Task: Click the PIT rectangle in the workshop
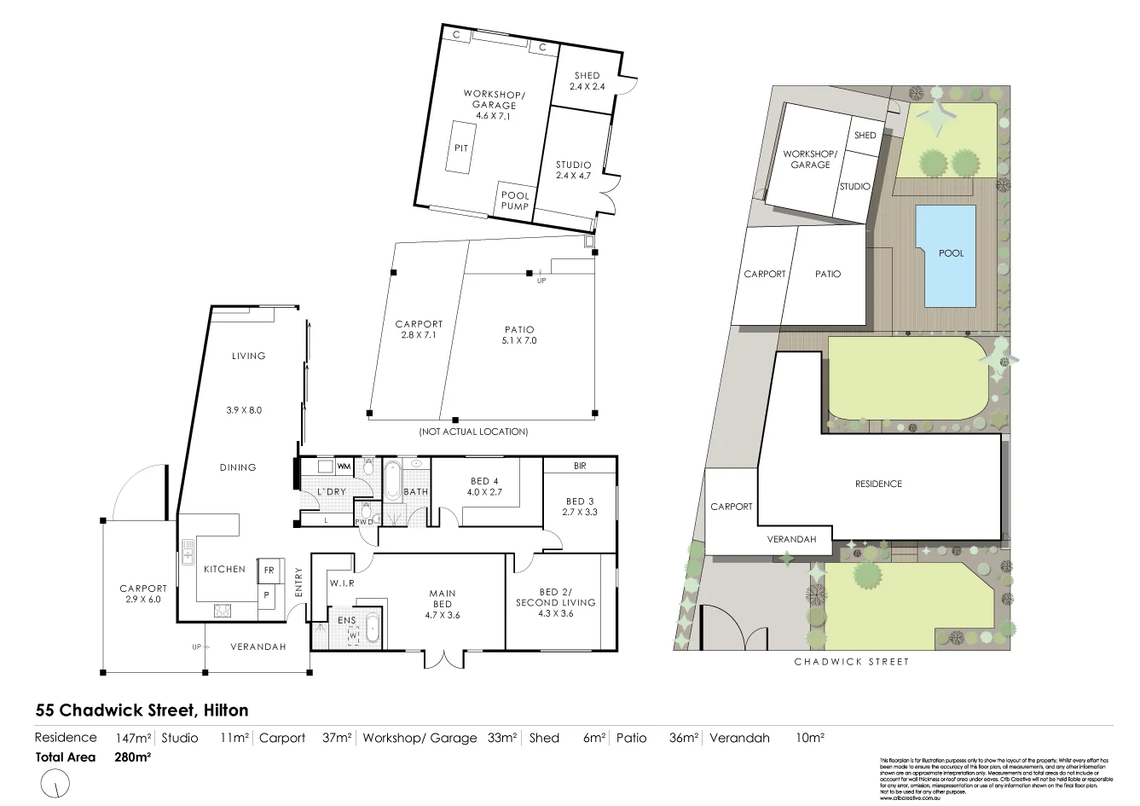tap(460, 148)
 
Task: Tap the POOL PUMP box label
tap(515, 200)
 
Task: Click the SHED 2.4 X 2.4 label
tap(587, 81)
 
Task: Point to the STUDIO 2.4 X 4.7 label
tap(573, 171)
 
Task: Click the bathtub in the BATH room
tap(391, 480)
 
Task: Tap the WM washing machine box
tap(344, 467)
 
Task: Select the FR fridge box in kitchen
tap(268, 570)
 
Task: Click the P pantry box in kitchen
tap(267, 595)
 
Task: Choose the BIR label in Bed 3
tap(580, 466)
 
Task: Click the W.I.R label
tap(342, 583)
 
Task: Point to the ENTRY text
tap(298, 583)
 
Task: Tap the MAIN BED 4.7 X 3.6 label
tap(442, 604)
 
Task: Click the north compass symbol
tap(55, 782)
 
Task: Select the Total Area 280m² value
tap(132, 757)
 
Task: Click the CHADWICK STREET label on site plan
tap(851, 662)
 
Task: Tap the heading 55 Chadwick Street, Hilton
tap(142, 710)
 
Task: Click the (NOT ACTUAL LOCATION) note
tap(473, 432)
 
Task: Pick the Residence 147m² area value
tap(133, 738)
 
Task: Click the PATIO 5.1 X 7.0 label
tap(518, 334)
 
